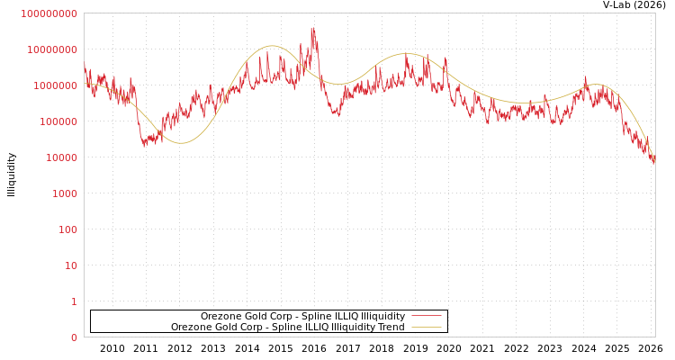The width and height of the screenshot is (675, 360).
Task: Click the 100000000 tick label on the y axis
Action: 49,13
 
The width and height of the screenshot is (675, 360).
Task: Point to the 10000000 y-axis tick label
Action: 52,49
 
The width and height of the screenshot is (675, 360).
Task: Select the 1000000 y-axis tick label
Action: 55,85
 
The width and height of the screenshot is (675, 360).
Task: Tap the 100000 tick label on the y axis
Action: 58,121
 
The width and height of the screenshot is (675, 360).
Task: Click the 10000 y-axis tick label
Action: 60,157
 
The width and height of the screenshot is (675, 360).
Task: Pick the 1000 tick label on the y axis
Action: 63,193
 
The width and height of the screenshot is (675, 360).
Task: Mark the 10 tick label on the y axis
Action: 69,265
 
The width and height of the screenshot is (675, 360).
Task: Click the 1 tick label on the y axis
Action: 74,301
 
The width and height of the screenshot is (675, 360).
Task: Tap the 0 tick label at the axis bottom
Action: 74,337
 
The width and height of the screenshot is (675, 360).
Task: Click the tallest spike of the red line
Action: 313,28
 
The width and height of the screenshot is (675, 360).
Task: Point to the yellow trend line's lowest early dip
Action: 181,142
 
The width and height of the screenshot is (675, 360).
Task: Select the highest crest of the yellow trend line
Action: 272,46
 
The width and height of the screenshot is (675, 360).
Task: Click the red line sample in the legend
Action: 426,316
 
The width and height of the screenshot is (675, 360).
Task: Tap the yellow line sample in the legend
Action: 426,327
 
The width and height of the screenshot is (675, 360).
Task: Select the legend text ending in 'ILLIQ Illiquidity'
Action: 302,316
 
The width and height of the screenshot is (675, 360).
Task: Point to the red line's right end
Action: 654,163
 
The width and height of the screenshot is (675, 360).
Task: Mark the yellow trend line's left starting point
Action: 85,84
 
